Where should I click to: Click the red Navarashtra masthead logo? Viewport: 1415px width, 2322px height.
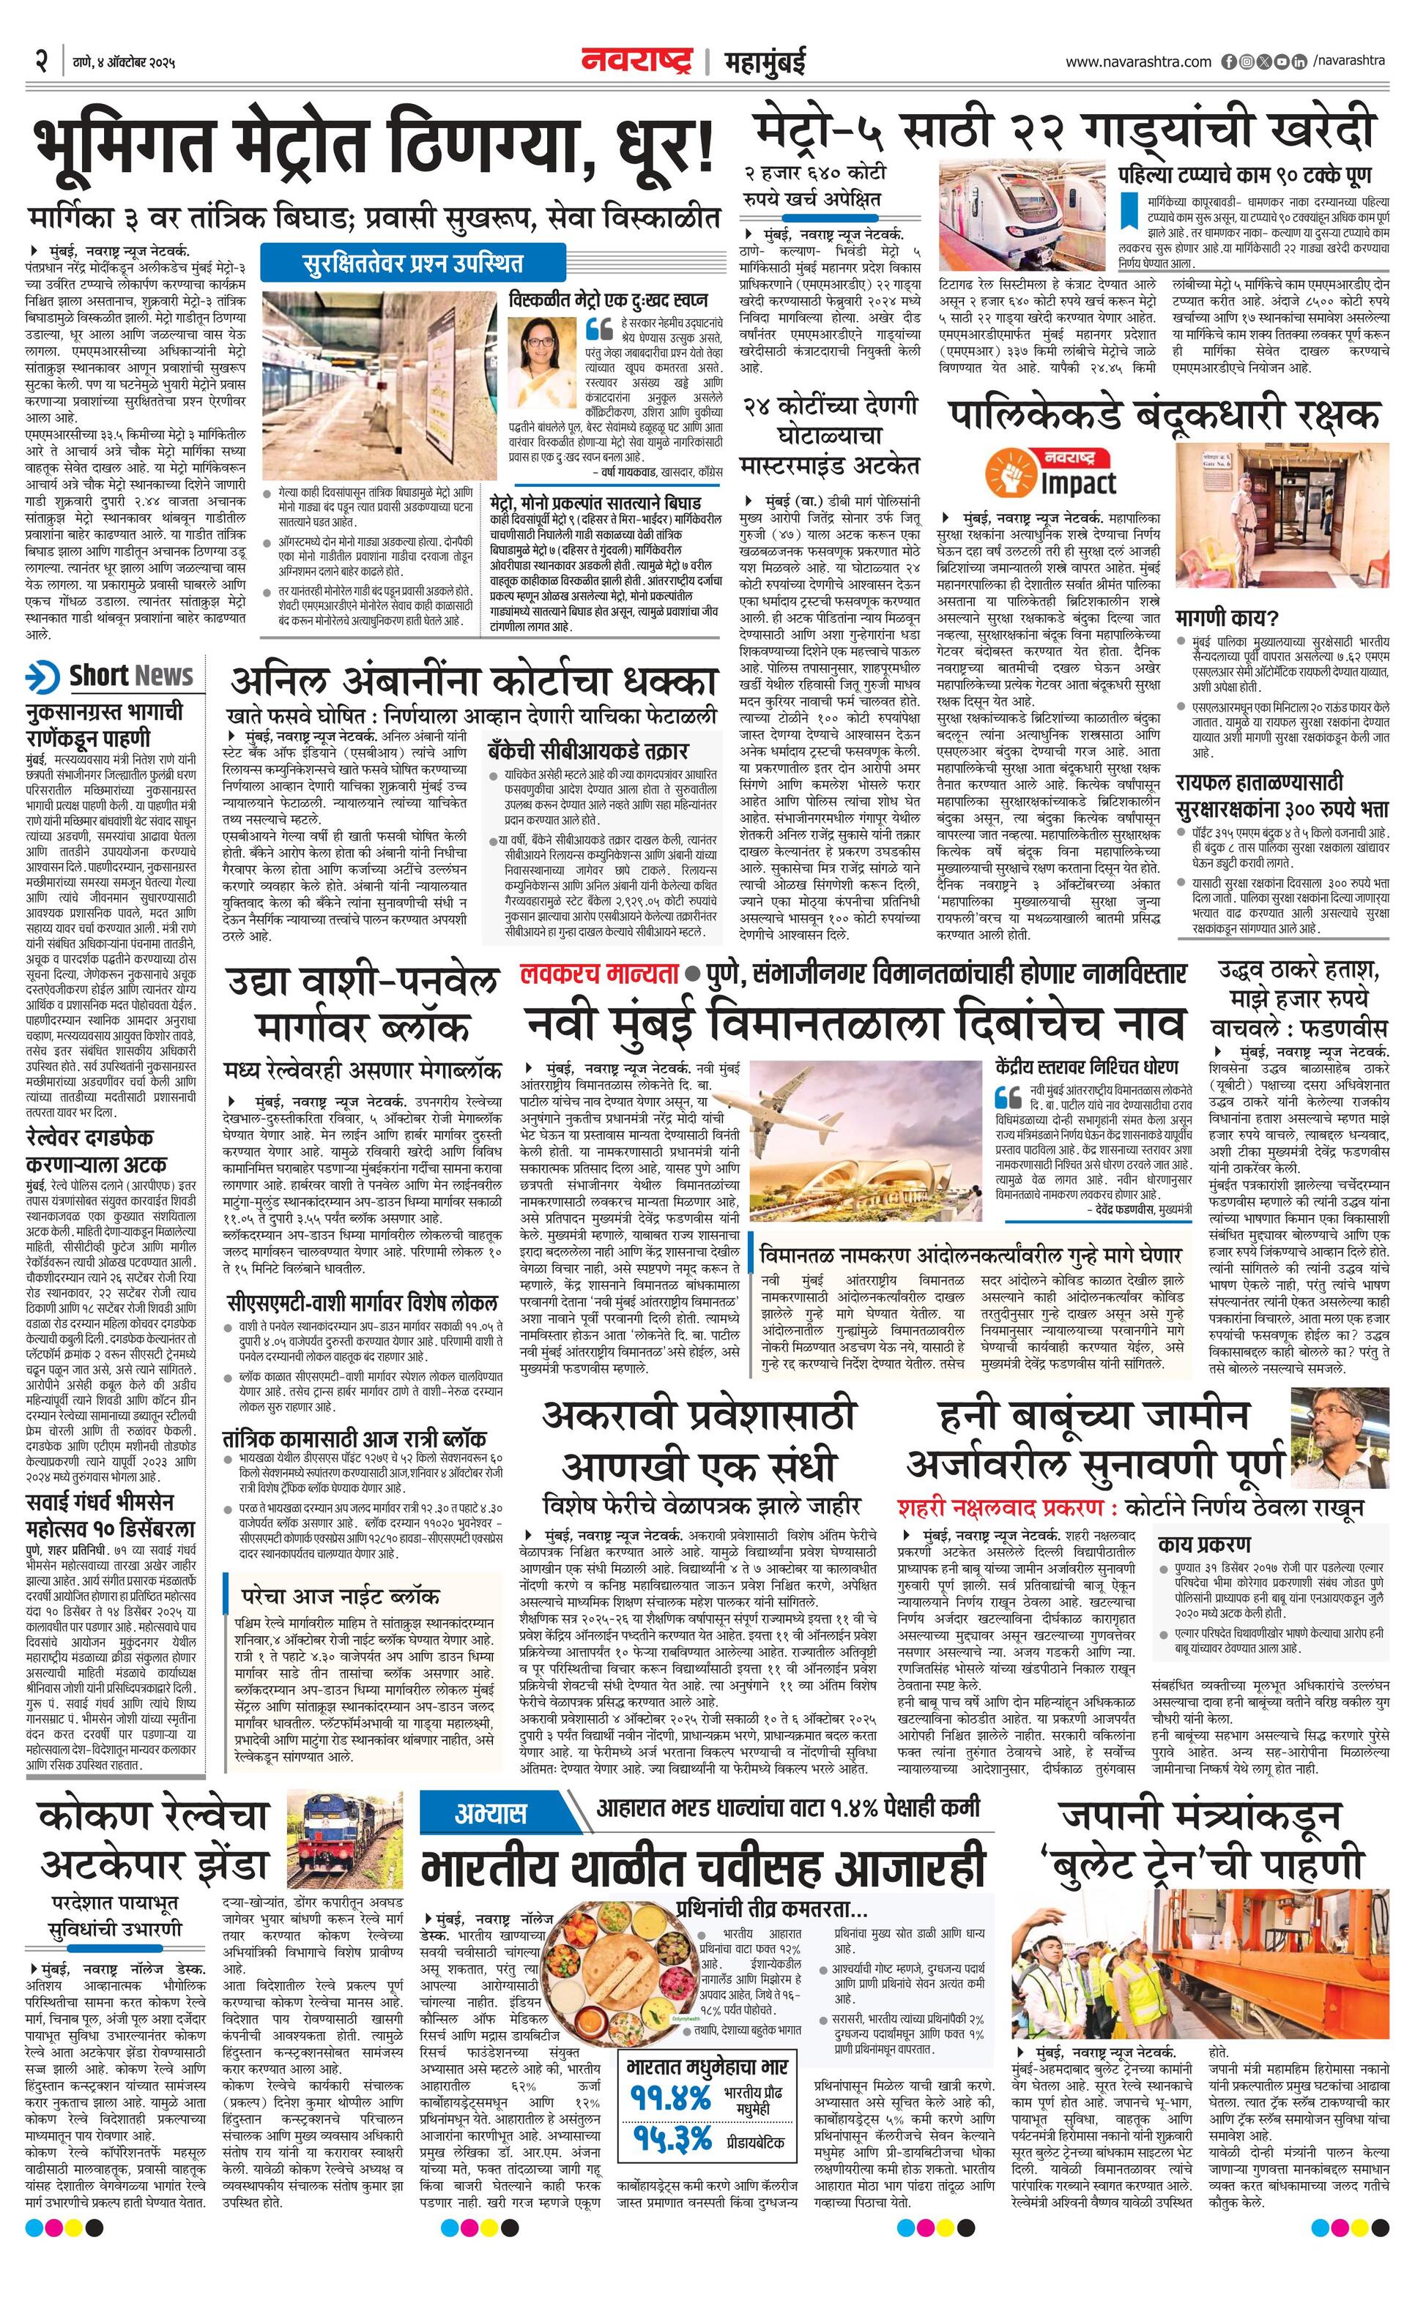[x=640, y=61]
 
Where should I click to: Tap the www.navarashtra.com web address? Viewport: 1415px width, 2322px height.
[x=1138, y=62]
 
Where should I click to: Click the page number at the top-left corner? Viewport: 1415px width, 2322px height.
[x=42, y=61]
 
